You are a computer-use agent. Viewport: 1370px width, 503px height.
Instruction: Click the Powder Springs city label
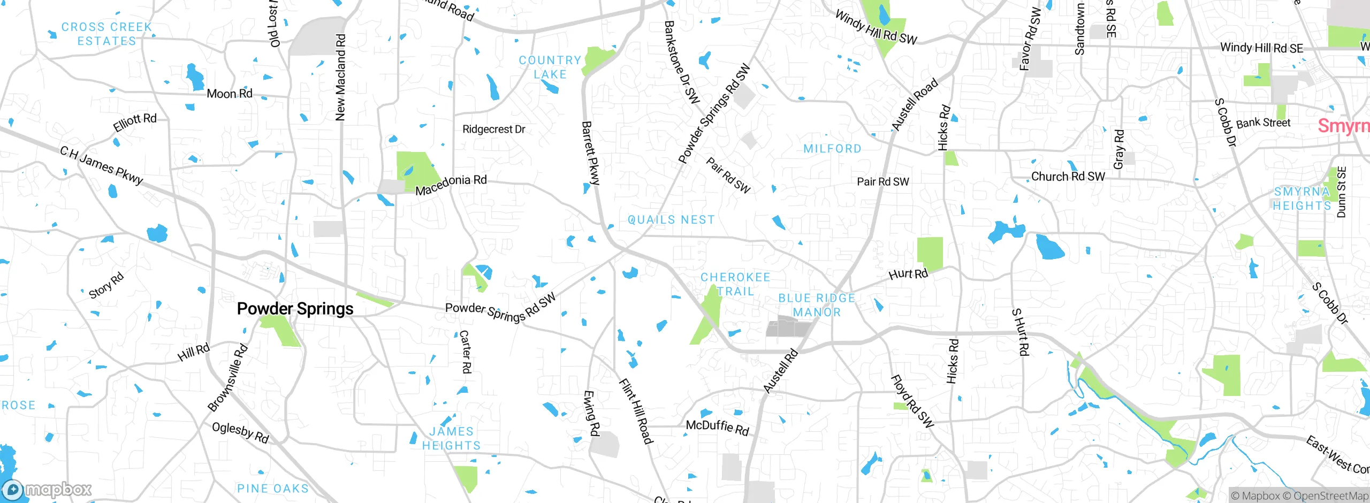pos(295,309)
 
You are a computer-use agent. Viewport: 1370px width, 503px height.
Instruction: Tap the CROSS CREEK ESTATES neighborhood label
pos(107,34)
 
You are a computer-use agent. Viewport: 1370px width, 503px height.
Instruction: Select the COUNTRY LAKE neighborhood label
pos(550,67)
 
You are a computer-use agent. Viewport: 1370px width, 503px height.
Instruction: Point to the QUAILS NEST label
pos(671,220)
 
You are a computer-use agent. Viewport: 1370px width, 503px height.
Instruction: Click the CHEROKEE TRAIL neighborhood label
pos(735,284)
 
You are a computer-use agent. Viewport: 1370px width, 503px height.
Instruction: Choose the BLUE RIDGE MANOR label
pos(817,305)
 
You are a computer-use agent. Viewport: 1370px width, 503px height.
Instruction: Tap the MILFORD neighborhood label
pos(832,149)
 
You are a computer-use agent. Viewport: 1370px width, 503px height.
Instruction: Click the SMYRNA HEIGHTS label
pos(1301,199)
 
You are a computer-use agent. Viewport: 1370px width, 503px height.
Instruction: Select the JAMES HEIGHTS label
pos(451,438)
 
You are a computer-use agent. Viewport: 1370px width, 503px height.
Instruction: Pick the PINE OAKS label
pos(273,489)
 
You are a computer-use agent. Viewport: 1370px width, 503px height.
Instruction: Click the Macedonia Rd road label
pos(451,185)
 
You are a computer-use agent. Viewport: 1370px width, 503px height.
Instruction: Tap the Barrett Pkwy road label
pos(590,153)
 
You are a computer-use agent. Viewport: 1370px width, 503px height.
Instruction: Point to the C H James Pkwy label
pos(102,165)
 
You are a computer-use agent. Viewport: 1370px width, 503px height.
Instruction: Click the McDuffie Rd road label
pos(717,427)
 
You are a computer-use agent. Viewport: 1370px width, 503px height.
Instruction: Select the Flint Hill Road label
pos(636,411)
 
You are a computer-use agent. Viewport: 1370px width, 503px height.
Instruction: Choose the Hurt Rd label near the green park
pos(908,275)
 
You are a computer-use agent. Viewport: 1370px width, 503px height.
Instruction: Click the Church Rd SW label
pos(1068,177)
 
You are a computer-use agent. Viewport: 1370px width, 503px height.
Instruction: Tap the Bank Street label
pos(1263,123)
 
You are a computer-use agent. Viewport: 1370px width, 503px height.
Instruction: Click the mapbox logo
pos(47,489)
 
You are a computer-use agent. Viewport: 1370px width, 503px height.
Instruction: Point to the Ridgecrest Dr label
pos(493,129)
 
